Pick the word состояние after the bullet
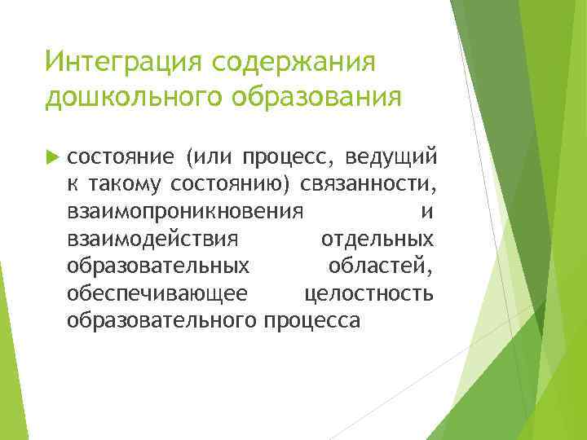coord(119,156)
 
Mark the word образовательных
coord(158,266)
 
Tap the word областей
coord(380,266)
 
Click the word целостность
coord(369,293)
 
